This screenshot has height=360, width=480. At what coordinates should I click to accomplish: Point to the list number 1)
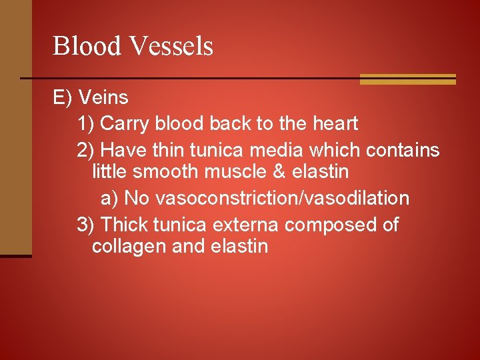click(x=86, y=123)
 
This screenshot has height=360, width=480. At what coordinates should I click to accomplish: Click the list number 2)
click(x=86, y=150)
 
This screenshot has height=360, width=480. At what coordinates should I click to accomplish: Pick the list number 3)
click(x=86, y=225)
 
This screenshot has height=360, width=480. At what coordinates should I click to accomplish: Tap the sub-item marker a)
click(x=110, y=198)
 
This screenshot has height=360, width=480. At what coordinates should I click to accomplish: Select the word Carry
click(x=125, y=123)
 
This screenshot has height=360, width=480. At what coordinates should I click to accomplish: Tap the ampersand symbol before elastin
click(x=279, y=171)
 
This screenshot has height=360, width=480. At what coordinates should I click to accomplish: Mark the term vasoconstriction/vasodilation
click(x=267, y=198)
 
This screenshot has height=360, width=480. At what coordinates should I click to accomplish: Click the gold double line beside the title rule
click(x=407, y=79)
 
